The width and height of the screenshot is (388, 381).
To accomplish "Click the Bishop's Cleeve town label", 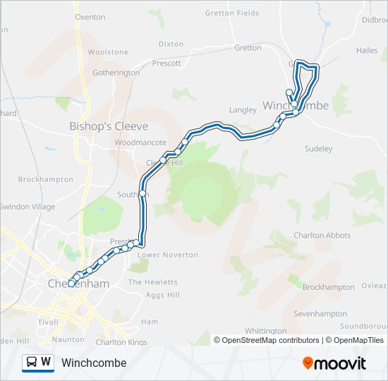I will (109, 126).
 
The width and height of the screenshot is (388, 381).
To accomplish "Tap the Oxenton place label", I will (90, 17).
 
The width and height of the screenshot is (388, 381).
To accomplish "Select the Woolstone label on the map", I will (108, 52).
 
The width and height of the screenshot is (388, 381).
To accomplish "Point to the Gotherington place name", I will (116, 73).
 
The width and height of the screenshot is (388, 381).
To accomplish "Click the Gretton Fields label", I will (232, 13).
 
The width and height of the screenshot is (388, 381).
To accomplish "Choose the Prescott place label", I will (166, 63).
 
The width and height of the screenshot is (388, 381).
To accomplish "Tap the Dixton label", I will (171, 44).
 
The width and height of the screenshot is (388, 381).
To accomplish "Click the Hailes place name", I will (367, 51).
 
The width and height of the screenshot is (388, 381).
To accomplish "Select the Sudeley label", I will (317, 149).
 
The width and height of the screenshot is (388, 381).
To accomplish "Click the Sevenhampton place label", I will (321, 313).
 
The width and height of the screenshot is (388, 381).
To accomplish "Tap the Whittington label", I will (265, 330).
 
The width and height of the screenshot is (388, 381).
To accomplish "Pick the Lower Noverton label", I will (168, 255).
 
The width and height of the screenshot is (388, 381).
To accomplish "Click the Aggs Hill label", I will (164, 294).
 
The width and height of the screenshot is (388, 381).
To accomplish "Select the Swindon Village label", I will (28, 207).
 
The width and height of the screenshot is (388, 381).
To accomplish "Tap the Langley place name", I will (243, 109).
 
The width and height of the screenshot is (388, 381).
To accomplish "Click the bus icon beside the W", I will (32, 362).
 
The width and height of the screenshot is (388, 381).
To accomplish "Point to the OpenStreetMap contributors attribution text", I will (266, 340).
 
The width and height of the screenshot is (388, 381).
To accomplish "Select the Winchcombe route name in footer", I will (94, 363).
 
